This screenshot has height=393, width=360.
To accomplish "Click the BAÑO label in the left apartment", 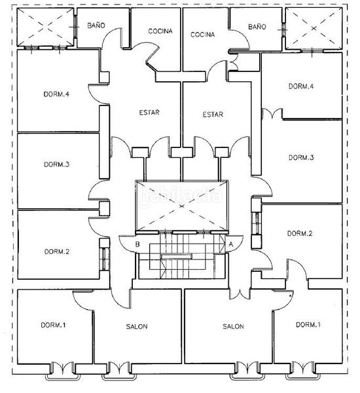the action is pyautogui.click(x=96, y=25).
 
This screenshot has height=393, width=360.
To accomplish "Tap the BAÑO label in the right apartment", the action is pyautogui.click(x=257, y=27).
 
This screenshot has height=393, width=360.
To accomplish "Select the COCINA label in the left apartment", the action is pyautogui.click(x=160, y=31).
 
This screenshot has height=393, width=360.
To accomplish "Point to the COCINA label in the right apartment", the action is pyautogui.click(x=202, y=34).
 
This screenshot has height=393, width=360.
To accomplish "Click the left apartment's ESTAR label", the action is pyautogui.click(x=149, y=112).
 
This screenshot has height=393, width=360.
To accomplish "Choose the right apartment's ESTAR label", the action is pyautogui.click(x=213, y=115).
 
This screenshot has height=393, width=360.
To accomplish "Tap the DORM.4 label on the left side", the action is pyautogui.click(x=56, y=94).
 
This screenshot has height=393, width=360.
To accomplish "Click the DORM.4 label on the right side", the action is pyautogui.click(x=301, y=86).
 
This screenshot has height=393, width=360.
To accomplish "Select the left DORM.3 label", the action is pyautogui.click(x=56, y=164).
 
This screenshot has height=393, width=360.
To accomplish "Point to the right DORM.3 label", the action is pyautogui.click(x=301, y=158).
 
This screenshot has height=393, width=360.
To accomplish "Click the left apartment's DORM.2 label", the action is pyautogui.click(x=57, y=252).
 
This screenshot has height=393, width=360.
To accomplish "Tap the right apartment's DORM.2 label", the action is pyautogui.click(x=300, y=234).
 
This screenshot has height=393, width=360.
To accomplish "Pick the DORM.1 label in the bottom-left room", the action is pyautogui.click(x=54, y=325).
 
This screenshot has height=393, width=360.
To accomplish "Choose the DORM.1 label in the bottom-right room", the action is pyautogui.click(x=308, y=325).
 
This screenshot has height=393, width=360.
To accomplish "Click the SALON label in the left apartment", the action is pyautogui.click(x=137, y=327).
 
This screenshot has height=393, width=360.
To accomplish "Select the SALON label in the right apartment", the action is pyautogui.click(x=233, y=326).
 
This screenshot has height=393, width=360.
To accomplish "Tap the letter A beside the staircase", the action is pyautogui.click(x=231, y=244).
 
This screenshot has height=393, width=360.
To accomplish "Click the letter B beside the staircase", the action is pyautogui.click(x=137, y=244).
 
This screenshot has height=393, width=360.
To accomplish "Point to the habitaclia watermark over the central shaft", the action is pyautogui.click(x=180, y=196).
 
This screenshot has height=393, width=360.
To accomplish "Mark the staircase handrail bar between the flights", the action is pyautogui.click(x=176, y=256).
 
